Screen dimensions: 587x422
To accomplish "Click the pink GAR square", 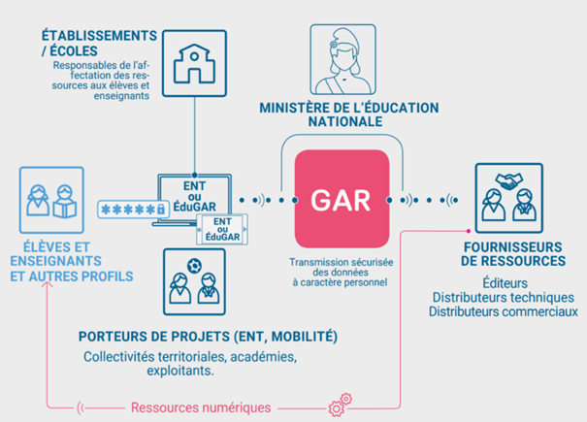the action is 342,199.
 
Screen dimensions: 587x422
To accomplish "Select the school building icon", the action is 194,63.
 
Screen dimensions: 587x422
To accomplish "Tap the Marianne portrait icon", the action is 342,59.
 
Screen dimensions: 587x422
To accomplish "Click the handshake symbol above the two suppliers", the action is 508,181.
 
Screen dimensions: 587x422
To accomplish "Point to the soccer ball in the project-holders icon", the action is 194,266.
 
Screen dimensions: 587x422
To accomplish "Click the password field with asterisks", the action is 133,210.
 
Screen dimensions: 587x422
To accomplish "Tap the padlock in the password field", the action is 161,209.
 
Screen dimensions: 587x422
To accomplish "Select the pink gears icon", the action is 341,405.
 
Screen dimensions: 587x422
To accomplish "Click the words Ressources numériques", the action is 201,407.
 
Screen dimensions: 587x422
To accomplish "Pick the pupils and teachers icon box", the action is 51,200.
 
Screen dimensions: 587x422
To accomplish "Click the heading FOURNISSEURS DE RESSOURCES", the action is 513,254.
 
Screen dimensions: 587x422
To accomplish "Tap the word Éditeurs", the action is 505,282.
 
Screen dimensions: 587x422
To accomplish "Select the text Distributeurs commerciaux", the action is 504,311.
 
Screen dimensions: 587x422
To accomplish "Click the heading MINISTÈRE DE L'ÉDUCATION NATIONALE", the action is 349,114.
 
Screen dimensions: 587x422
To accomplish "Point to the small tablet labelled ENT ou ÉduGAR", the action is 222,229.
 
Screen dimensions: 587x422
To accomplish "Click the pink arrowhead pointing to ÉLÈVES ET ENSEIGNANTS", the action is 48,284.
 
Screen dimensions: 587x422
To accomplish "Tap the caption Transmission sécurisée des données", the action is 341,267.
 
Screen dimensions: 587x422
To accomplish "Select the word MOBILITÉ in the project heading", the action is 305,337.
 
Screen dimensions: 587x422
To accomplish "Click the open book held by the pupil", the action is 65,210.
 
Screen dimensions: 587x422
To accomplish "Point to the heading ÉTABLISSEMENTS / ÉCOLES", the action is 99,43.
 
